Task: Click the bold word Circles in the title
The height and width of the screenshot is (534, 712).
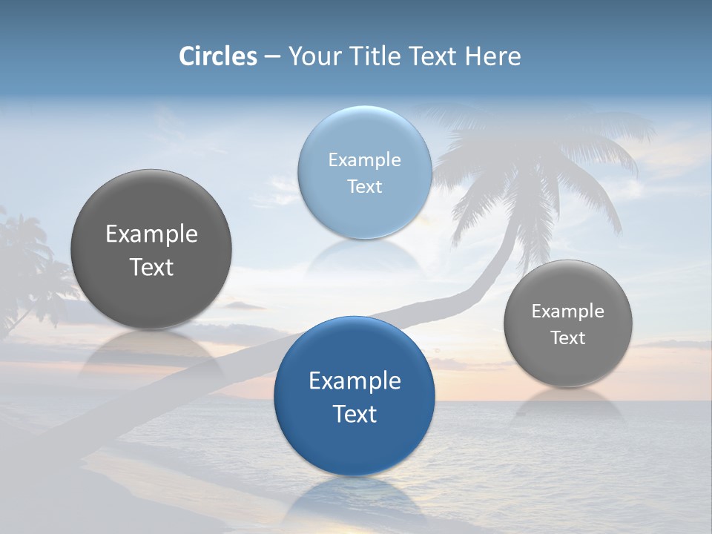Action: point(218,56)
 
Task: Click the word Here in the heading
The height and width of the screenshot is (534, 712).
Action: point(492,56)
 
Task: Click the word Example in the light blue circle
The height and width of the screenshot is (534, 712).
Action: point(364,160)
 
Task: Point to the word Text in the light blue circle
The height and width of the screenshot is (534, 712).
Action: point(364,186)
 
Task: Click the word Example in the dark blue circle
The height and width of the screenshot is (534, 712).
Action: point(355,381)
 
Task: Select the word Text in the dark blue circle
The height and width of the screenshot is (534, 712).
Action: point(355,414)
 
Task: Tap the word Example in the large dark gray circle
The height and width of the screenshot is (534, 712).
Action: point(151,234)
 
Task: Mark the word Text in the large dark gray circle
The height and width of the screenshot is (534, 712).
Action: point(151,267)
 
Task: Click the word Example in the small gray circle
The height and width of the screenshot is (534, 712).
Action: point(567,311)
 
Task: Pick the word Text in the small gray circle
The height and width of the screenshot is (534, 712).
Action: point(567,337)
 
